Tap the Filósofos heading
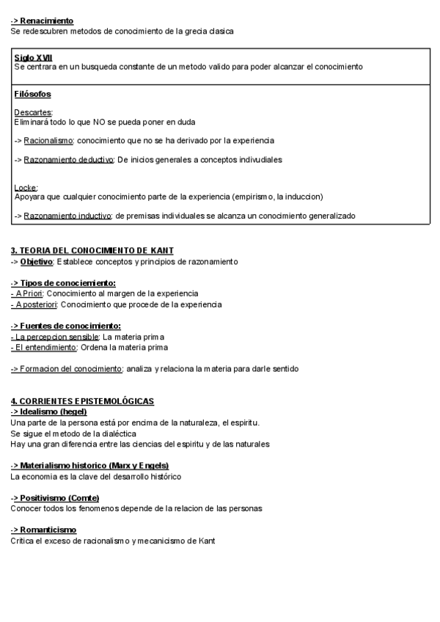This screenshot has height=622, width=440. pyautogui.click(x=32, y=94)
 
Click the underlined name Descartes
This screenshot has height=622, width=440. pyautogui.click(x=33, y=112)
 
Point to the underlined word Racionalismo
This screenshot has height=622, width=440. pyautogui.click(x=48, y=140)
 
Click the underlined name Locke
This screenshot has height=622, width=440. pyautogui.click(x=26, y=188)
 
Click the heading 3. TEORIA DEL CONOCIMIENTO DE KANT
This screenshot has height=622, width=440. pyautogui.click(x=92, y=251)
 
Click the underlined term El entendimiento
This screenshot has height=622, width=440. pyautogui.click(x=43, y=347)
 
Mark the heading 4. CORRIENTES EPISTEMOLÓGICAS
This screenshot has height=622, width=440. pyautogui.click(x=82, y=401)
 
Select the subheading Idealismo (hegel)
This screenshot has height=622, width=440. pyautogui.click(x=53, y=411)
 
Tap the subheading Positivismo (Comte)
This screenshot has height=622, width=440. pyautogui.click(x=59, y=498)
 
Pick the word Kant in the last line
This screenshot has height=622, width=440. pyautogui.click(x=206, y=541)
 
